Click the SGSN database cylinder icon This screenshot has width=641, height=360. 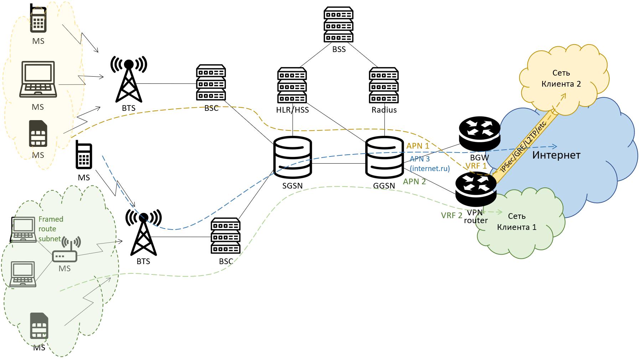tap(293, 158)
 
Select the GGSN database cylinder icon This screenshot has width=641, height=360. tap(384, 158)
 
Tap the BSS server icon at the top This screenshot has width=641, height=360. tap(338, 25)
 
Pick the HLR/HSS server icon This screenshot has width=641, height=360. tap(292, 85)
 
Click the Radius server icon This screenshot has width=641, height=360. tap(384, 85)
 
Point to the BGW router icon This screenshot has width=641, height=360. tap(479, 134)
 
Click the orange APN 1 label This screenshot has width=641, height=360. tap(418, 146)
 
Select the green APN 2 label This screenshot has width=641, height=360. tap(414, 181)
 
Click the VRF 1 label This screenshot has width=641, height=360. tap(476, 166)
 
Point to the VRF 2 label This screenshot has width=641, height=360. tap(451, 215)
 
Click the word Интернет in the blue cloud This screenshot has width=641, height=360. tap(556, 155)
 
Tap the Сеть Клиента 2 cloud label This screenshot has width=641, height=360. tap(561, 78)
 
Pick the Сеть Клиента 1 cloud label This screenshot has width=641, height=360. tap(517, 222)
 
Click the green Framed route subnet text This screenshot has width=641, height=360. tap(51, 229)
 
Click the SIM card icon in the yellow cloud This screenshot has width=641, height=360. tap(38, 134)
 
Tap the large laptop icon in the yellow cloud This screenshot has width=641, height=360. tap(38, 79)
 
